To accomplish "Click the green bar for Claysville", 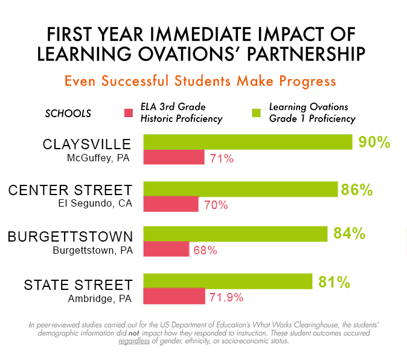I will [x=248, y=142].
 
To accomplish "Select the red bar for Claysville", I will [x=174, y=158].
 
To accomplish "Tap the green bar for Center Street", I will [x=240, y=189].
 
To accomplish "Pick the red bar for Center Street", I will [x=171, y=204].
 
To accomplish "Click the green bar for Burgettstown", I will [x=235, y=234].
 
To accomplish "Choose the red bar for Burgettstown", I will [x=166, y=249].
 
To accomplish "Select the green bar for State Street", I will [x=228, y=281].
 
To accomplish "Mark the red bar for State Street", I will [x=174, y=296].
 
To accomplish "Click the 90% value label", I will [x=374, y=143].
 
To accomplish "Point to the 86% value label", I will [x=357, y=189].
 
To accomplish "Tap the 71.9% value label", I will [x=226, y=297].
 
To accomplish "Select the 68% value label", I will [x=205, y=250].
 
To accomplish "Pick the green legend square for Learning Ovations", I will [x=256, y=113].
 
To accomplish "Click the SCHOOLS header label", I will [x=68, y=113].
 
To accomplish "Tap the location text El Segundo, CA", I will [x=95, y=204].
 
